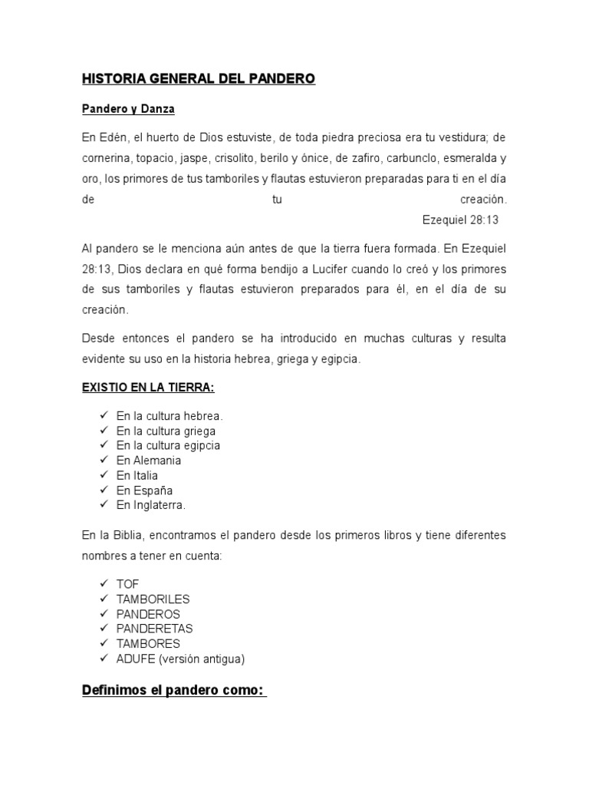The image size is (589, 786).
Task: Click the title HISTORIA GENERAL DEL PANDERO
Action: click(198, 79)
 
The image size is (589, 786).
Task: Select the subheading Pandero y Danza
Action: click(128, 109)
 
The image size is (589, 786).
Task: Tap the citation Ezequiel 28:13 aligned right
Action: click(460, 219)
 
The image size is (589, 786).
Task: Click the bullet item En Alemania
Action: click(149, 461)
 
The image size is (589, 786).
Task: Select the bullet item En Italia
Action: click(137, 476)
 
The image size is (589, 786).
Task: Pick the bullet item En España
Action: click(144, 490)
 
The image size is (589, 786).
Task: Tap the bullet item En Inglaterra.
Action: click(151, 505)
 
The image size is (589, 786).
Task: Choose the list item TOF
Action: click(127, 584)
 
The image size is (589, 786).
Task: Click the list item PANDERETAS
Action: click(154, 629)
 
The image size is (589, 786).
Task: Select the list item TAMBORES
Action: click(148, 643)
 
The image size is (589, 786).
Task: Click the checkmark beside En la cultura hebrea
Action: click(103, 416)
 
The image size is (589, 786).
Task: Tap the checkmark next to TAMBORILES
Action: click(103, 599)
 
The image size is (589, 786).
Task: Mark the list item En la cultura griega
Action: click(166, 431)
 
